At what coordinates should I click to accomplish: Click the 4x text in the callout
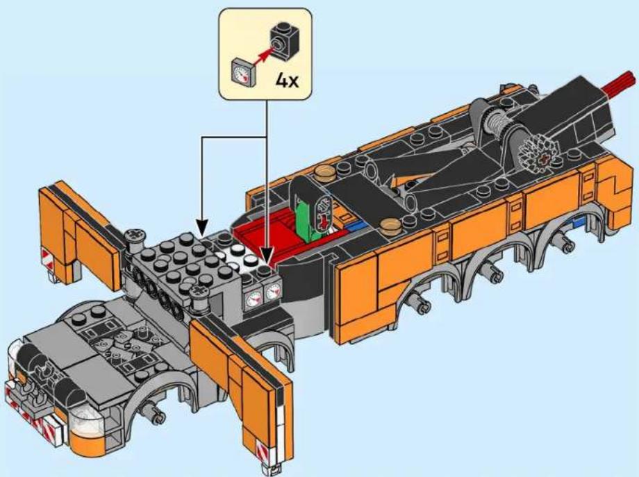coord(288,81)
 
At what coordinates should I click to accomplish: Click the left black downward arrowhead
coord(202,227)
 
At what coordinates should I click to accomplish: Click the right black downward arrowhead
coord(267,258)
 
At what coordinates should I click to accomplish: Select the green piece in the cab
coord(306,217)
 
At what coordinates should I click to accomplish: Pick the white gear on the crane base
coord(537,153)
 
